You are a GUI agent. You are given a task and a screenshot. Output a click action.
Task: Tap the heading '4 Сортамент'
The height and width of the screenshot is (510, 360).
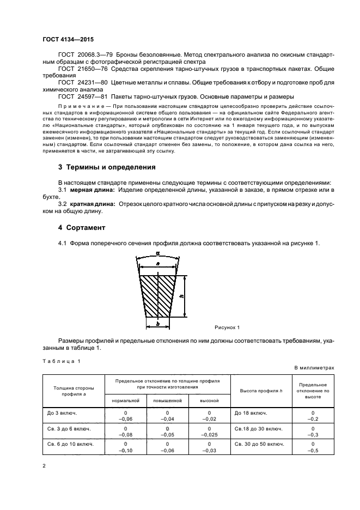[x=81, y=226]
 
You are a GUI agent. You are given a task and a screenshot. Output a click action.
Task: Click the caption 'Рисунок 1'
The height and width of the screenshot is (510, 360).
[x=227, y=327]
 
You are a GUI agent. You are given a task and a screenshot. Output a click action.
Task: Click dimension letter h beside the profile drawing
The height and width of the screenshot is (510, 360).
[x=180, y=296]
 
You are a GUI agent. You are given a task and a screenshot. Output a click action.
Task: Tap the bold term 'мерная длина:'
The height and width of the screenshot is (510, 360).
[x=91, y=189]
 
